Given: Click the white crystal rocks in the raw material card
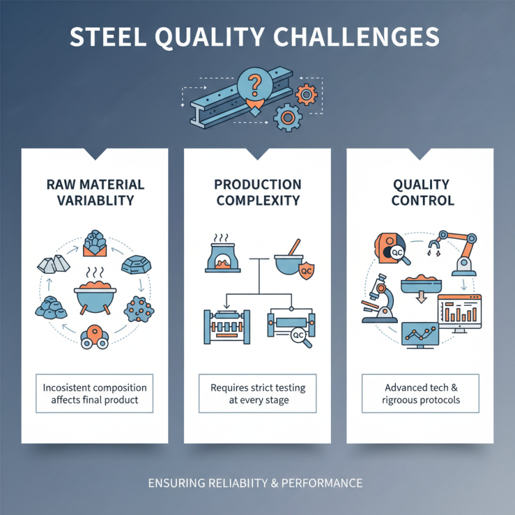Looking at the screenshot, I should coord(52,261).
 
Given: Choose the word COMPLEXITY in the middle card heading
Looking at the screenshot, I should coord(258,200).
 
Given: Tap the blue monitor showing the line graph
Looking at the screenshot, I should coord(420,335).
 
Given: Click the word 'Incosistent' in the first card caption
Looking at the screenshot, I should coord(67,388).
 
